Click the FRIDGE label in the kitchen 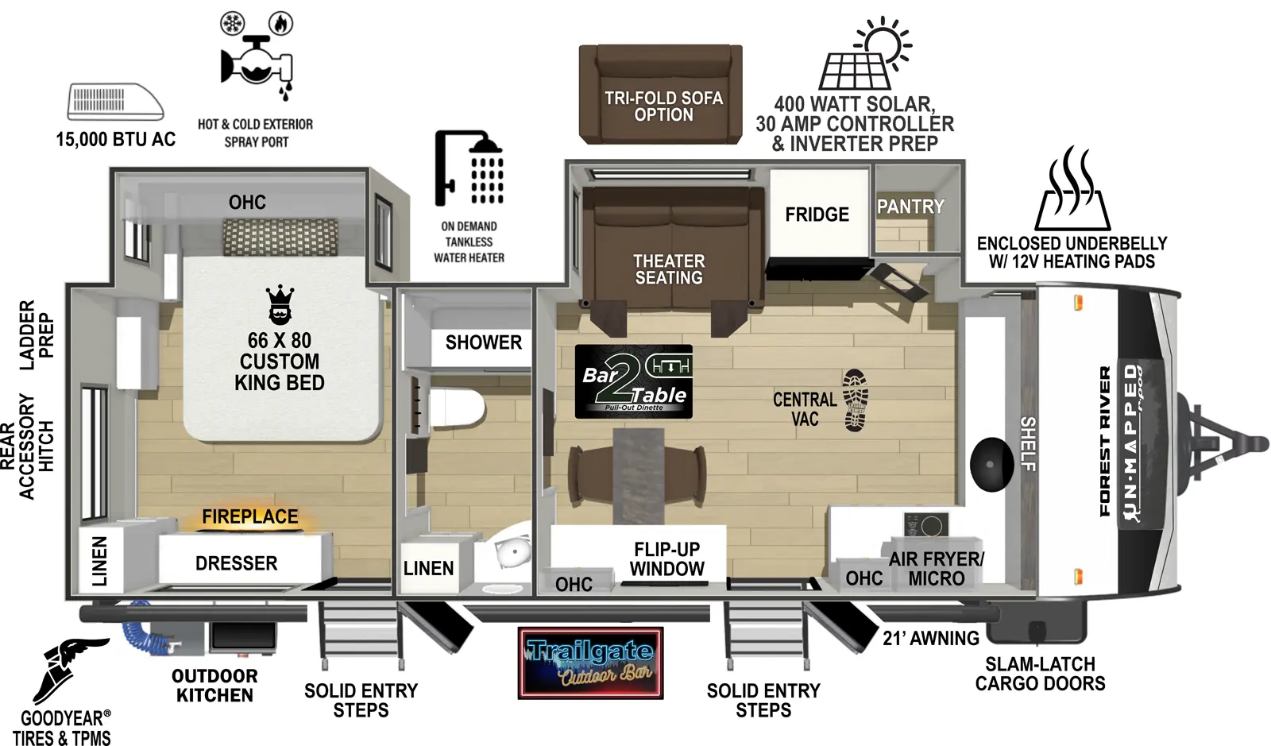tap(817, 215)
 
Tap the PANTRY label tap(910, 207)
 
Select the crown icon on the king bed tap(280, 305)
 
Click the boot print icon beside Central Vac tap(855, 400)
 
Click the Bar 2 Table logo tap(633, 381)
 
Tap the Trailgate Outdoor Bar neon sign tap(590, 663)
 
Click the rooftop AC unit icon tap(115, 102)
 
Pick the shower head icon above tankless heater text tap(469, 168)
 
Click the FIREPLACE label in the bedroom tap(249, 516)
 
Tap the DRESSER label tap(237, 563)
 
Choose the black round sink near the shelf tap(991, 464)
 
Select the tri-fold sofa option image tap(660, 94)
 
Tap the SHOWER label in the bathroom tap(483, 342)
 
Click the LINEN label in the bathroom tap(428, 568)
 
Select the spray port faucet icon tap(256, 64)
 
